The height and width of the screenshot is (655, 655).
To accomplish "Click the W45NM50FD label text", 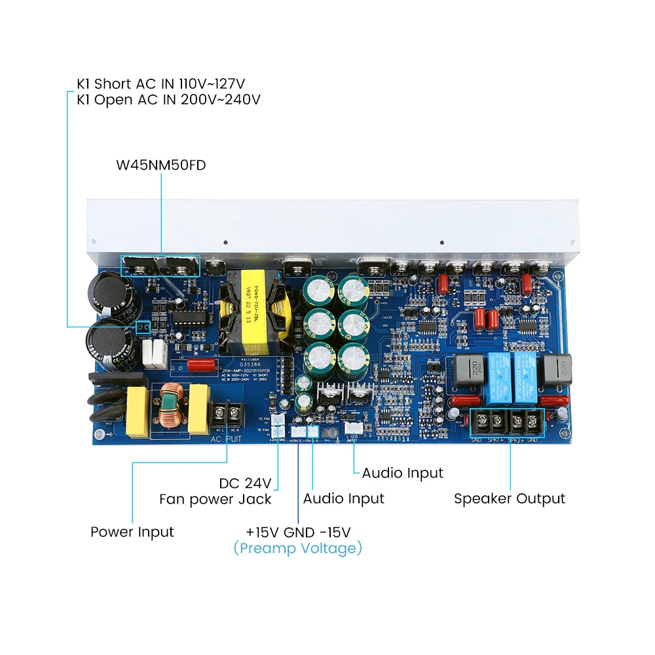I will point(160,165).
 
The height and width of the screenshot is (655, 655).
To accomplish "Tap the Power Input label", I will point(132,532).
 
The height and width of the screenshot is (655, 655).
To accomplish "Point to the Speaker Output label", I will point(509,498).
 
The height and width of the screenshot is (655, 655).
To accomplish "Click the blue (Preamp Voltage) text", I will point(297,548).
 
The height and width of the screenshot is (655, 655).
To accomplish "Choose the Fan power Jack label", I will point(215,499).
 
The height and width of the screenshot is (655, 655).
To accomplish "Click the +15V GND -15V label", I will point(298,531).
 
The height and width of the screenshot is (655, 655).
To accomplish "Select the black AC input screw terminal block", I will point(229,414).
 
